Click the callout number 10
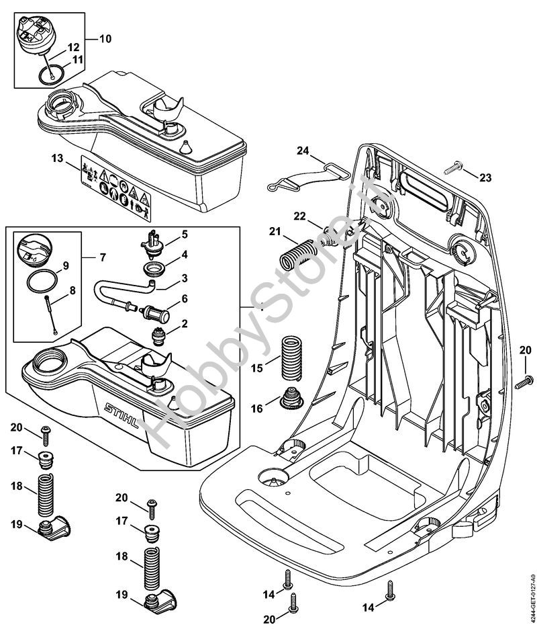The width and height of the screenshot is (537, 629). pos(105,38)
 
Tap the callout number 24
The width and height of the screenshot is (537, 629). pos(303,152)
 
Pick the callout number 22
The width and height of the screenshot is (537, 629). pos(299,216)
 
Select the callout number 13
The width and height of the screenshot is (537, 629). pos(57,159)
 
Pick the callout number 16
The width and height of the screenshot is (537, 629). pos(256,409)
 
